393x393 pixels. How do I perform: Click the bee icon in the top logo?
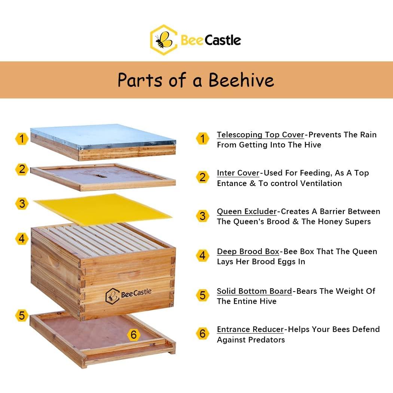click(x=163, y=40)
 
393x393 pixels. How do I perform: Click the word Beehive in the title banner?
click(x=241, y=80)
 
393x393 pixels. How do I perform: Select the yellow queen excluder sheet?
click(x=103, y=209)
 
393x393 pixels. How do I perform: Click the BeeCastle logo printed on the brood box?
click(x=128, y=295)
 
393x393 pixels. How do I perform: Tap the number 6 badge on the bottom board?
click(x=134, y=335)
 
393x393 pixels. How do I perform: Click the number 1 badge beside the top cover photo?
click(x=22, y=138)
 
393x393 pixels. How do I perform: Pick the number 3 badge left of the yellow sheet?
click(x=22, y=204)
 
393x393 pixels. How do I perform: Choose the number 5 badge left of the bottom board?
click(x=22, y=315)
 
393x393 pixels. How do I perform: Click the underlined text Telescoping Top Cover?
click(x=261, y=135)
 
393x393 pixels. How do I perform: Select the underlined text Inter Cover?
click(x=238, y=173)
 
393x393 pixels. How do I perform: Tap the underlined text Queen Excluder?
click(x=247, y=211)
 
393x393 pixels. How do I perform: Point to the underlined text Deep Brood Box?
click(x=248, y=252)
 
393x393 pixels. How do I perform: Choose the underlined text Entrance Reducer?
click(x=250, y=329)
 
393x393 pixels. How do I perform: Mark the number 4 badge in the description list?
click(x=202, y=256)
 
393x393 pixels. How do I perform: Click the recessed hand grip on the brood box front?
click(x=130, y=275)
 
